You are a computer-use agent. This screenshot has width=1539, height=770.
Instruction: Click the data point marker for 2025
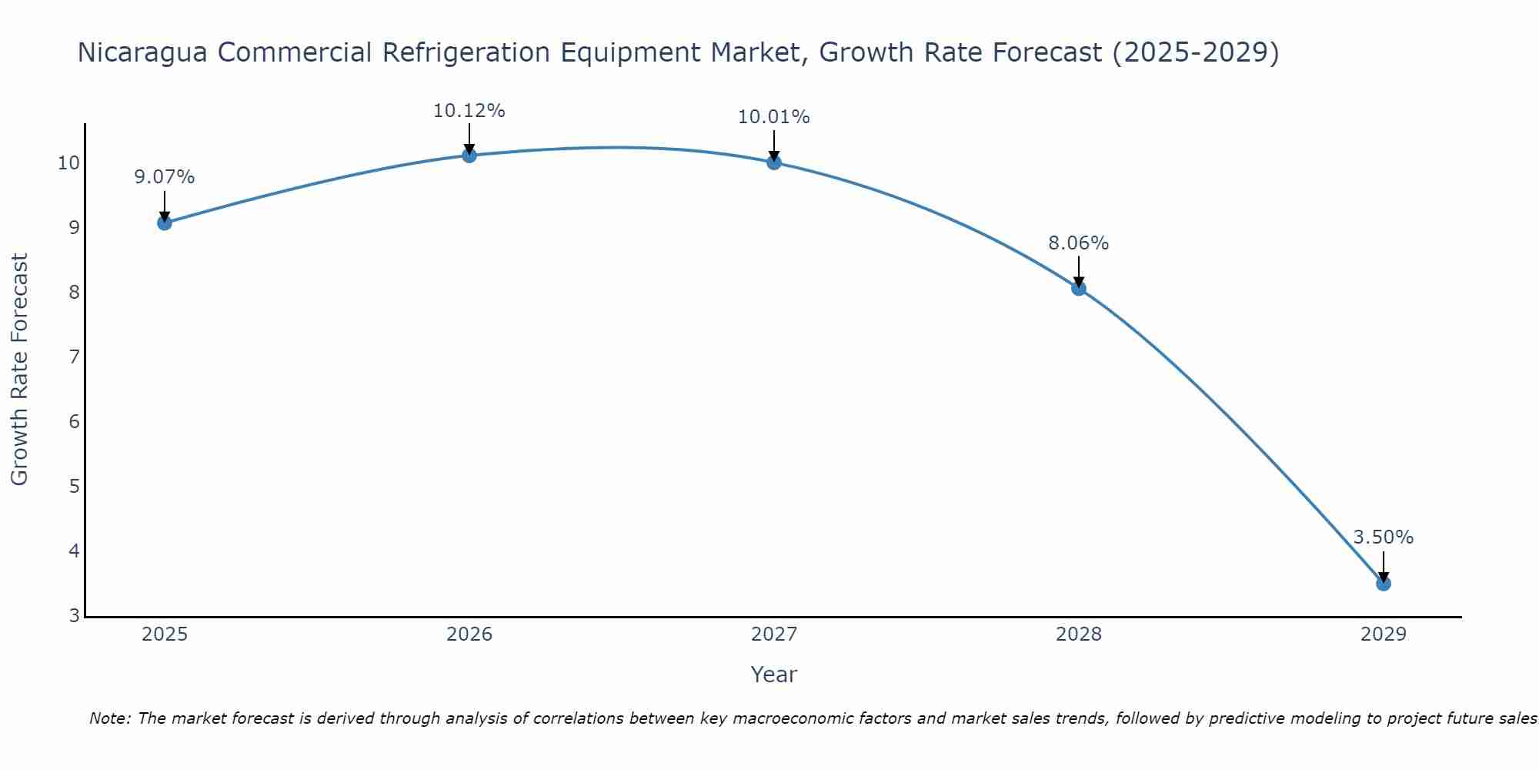pyautogui.click(x=165, y=223)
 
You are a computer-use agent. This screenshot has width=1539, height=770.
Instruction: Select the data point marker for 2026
pyautogui.click(x=469, y=156)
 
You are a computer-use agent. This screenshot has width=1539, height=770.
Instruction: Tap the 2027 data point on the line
pyautogui.click(x=774, y=162)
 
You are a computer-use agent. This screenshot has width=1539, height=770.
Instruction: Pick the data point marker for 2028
pyautogui.click(x=1079, y=289)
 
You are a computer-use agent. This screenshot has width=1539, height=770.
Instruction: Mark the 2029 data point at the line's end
pyautogui.click(x=1384, y=584)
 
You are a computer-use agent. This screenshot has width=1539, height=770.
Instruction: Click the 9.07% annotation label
pyautogui.click(x=165, y=177)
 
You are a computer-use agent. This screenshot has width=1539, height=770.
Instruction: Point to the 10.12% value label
pyautogui.click(x=469, y=111)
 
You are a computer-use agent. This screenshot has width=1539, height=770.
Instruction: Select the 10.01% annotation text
pyautogui.click(x=774, y=117)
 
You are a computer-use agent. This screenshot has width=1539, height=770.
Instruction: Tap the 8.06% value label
pyautogui.click(x=1079, y=243)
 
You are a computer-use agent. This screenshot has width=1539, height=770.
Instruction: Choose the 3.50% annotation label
pyautogui.click(x=1384, y=537)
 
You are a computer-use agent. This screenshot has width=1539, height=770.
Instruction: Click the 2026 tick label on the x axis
pyautogui.click(x=469, y=634)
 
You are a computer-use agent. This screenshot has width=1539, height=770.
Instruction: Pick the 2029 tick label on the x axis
pyautogui.click(x=1384, y=634)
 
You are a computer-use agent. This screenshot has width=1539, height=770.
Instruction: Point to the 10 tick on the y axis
pyautogui.click(x=68, y=163)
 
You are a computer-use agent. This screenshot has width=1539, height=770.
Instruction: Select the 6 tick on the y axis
pyautogui.click(x=74, y=422)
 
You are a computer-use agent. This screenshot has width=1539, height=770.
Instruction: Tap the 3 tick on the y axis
pyautogui.click(x=74, y=616)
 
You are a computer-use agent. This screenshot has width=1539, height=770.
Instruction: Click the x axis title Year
pyautogui.click(x=774, y=675)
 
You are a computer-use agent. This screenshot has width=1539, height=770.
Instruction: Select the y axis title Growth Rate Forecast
pyautogui.click(x=19, y=370)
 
